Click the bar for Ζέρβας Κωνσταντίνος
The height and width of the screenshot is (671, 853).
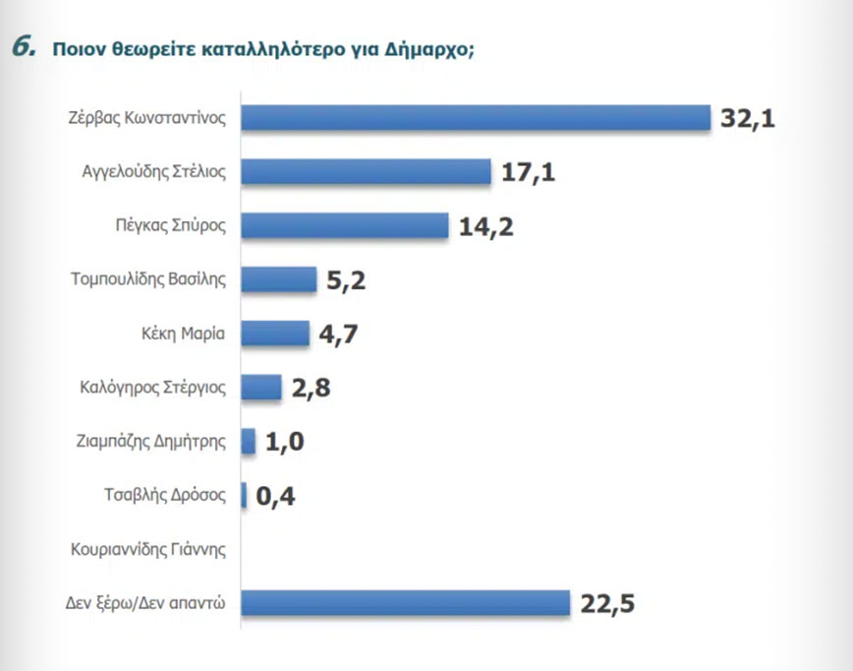(x=476, y=118)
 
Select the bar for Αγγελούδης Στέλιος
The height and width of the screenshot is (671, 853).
(x=366, y=172)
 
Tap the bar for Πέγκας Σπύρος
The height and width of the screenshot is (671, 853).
(x=344, y=225)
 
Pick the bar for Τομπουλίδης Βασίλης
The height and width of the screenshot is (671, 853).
(x=279, y=279)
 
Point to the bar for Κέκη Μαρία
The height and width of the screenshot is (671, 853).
(x=275, y=334)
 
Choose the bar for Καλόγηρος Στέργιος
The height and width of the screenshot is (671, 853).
(x=261, y=387)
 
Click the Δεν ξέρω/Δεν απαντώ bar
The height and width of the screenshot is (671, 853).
(x=405, y=602)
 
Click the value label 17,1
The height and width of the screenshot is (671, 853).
(x=529, y=173)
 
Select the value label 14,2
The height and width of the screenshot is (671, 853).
(x=486, y=226)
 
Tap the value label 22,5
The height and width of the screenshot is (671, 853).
(x=607, y=603)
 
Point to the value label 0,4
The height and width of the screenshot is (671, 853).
(x=275, y=496)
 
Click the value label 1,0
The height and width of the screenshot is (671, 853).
(x=285, y=442)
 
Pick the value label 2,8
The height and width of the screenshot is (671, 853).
(x=311, y=388)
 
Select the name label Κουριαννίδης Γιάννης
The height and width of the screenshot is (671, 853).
(x=148, y=549)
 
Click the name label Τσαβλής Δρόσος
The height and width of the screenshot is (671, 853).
(x=165, y=495)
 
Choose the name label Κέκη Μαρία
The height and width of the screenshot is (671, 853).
(x=184, y=334)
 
